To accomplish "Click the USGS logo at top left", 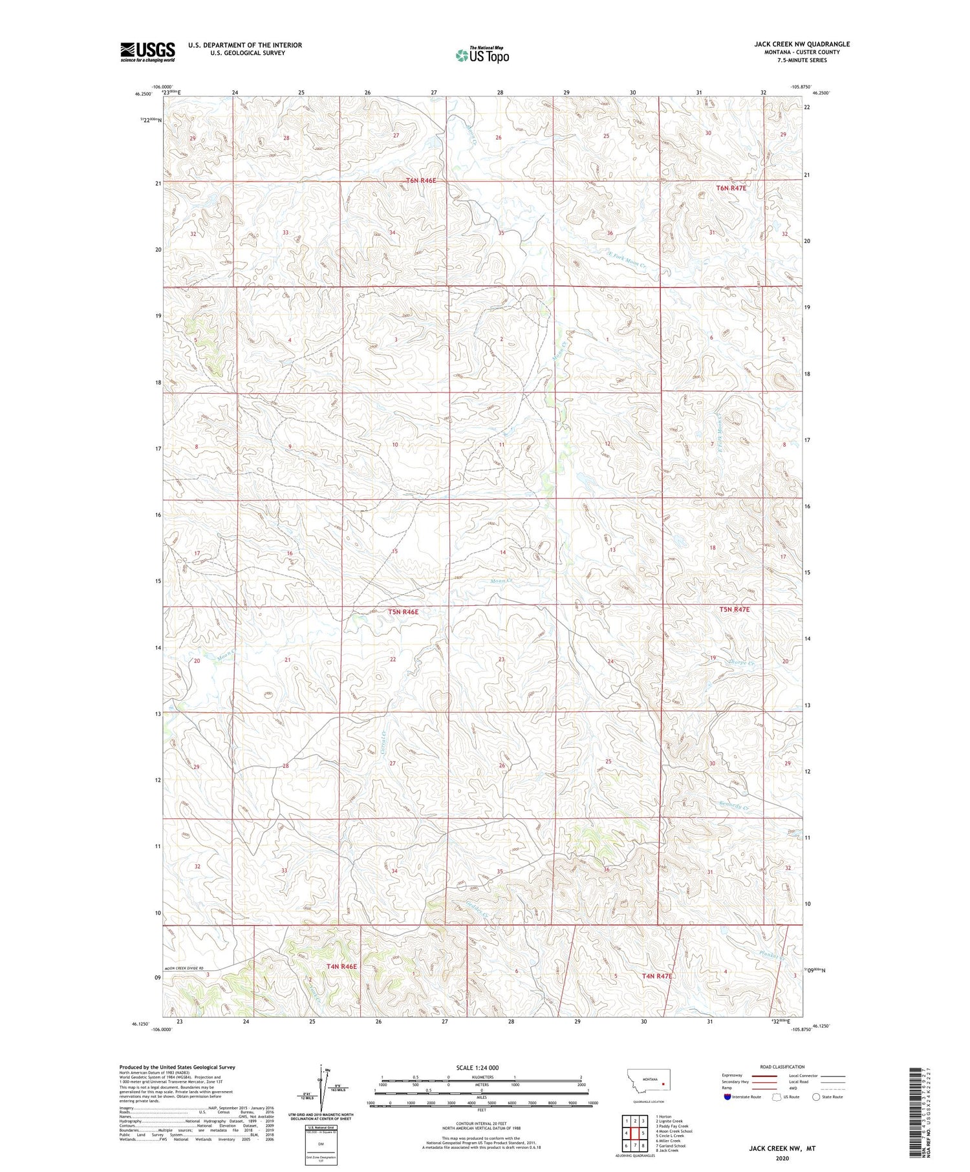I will [x=147, y=52].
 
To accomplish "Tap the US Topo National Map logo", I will [x=482, y=56].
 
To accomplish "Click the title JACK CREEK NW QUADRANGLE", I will [x=801, y=44].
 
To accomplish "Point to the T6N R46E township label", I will [x=421, y=180].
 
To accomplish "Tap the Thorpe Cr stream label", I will [x=741, y=663].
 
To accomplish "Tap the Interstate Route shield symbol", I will [x=727, y=1097].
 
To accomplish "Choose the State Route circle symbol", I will [x=816, y=1097].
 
